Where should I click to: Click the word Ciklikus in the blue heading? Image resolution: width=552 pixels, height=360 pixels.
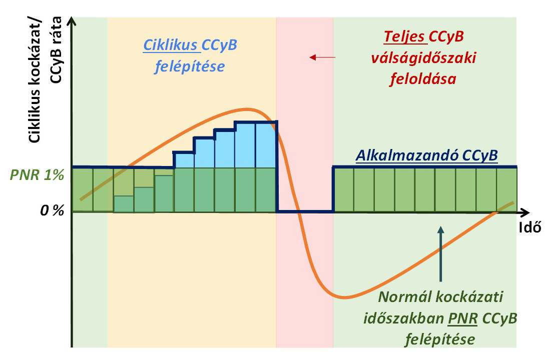coord(170,45)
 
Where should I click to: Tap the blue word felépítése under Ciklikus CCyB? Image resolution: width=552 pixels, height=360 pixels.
coord(190,66)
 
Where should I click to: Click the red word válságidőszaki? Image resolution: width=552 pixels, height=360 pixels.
coord(423,57)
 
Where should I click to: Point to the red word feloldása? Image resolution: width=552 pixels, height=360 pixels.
coord(423,79)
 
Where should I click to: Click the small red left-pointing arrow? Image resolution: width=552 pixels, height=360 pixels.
coord(322,57)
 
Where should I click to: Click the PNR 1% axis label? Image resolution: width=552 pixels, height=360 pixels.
coord(37,174)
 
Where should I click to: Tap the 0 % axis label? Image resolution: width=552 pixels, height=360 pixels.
coord(52,210)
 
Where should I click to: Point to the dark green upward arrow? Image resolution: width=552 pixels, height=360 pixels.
coord(440,254)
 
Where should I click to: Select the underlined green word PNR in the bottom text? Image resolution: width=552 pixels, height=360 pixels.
coord(462,318)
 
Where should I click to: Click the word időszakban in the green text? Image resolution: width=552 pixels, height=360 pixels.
coord(403,319)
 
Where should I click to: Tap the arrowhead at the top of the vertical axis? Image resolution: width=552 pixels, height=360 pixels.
coord(72,20)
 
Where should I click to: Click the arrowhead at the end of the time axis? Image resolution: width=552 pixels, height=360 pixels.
coord(525,212)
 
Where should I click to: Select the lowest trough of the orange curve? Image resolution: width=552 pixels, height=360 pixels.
coord(343,298)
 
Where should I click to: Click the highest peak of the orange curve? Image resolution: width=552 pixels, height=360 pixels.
coord(246,109)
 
